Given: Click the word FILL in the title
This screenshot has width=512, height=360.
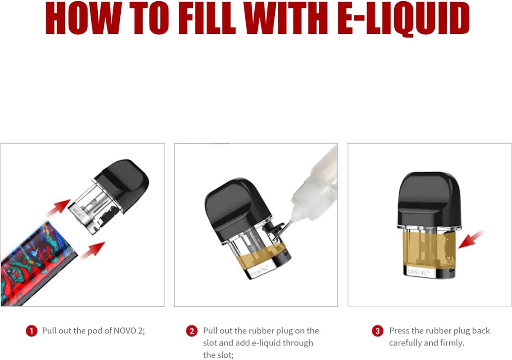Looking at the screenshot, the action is pos(207,18).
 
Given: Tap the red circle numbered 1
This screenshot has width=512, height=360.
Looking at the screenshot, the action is pos(32,331).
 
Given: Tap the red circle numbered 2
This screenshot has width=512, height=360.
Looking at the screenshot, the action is pos(192,331).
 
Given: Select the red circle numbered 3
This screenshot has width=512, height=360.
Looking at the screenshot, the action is pos(378,331).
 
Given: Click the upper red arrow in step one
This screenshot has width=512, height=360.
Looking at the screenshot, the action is pos(58,208).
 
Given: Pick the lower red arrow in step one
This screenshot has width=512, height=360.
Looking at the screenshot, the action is pos(93,251).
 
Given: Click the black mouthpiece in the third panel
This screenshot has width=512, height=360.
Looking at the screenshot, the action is pos(430,200).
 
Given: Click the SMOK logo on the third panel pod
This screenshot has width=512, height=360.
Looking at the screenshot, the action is pos(418,272).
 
